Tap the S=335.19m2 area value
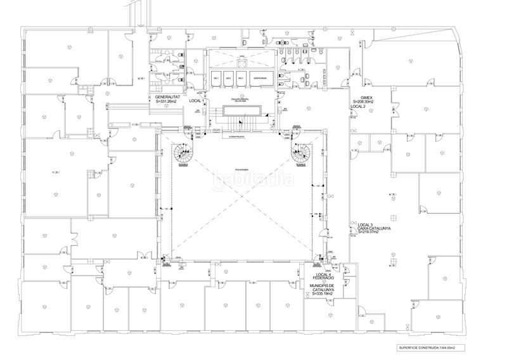pos(321,295)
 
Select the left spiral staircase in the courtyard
pos(184,153)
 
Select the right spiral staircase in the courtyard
pos(298,152)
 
